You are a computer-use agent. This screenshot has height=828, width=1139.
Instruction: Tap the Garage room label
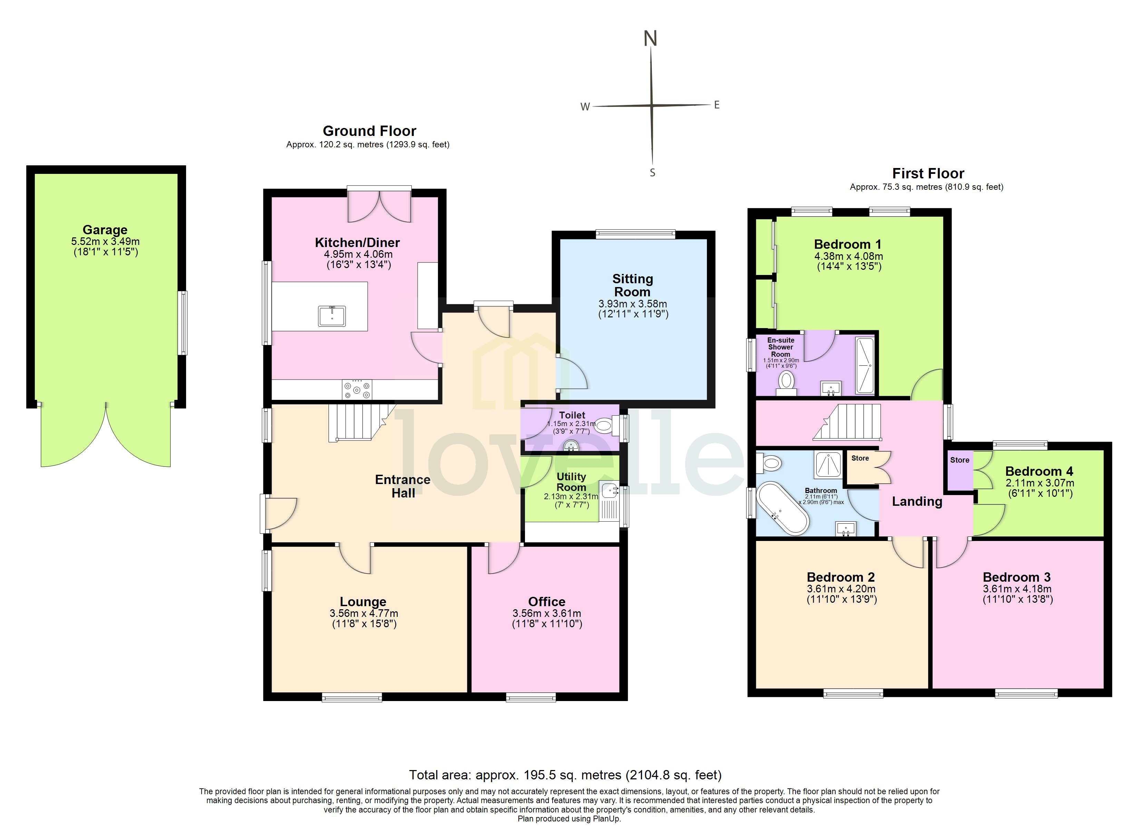tap(105, 230)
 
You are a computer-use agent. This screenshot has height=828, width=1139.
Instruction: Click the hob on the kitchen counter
tap(357, 390)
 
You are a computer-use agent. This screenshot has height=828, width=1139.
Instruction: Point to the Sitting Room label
tap(632, 285)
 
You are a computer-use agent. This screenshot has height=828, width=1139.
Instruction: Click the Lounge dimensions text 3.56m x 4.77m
tap(363, 613)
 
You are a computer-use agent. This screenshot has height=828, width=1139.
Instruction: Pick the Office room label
tap(546, 602)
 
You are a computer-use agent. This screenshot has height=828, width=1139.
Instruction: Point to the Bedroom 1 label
tap(847, 245)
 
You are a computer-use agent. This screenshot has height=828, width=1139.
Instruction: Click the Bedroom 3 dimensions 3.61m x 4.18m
tap(1017, 589)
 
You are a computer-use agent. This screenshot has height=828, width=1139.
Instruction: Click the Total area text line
tap(565, 775)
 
